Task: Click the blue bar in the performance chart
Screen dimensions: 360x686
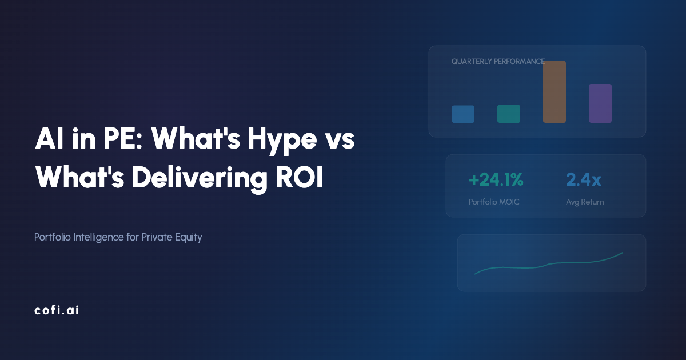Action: [x=462, y=114]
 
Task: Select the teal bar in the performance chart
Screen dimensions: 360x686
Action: [x=508, y=113]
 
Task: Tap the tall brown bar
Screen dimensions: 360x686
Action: [x=554, y=91]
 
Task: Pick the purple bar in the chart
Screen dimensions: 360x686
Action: [x=600, y=103]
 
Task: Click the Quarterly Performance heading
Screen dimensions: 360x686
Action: [x=497, y=61]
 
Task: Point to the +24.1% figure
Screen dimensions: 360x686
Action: [x=496, y=180]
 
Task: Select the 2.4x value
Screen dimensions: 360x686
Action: [x=583, y=180]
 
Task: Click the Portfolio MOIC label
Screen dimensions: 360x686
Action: [x=494, y=202]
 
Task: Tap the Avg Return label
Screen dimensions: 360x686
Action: [x=585, y=202]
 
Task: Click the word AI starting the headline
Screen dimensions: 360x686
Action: [x=47, y=140]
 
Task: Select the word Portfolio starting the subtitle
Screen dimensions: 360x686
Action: [x=53, y=237]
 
